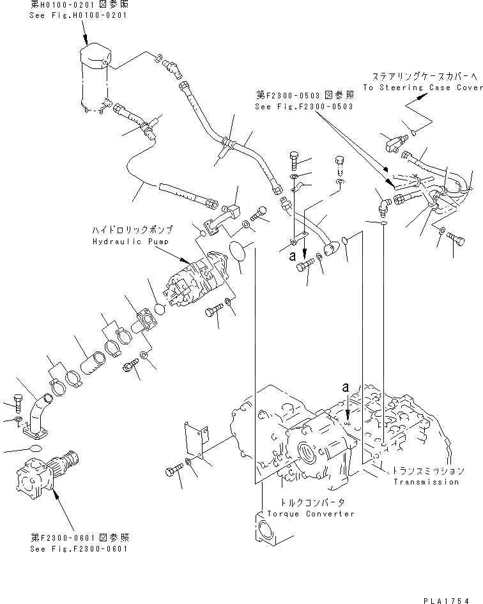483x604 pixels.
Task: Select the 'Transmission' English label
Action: coord(425,482)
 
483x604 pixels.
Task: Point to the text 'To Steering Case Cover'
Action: coord(422,88)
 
